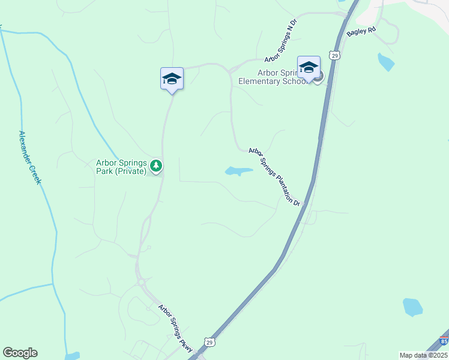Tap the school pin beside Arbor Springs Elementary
click(x=309, y=67)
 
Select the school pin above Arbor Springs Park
click(x=172, y=79)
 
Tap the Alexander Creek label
click(x=29, y=157)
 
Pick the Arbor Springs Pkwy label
click(x=175, y=329)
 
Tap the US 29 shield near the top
click(x=335, y=56)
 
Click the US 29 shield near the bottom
click(x=209, y=342)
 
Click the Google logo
click(x=20, y=353)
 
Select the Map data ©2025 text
click(x=423, y=355)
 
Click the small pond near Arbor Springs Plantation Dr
click(x=238, y=172)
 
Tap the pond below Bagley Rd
click(x=385, y=62)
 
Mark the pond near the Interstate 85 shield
click(x=412, y=307)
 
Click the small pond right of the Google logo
click(x=71, y=356)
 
